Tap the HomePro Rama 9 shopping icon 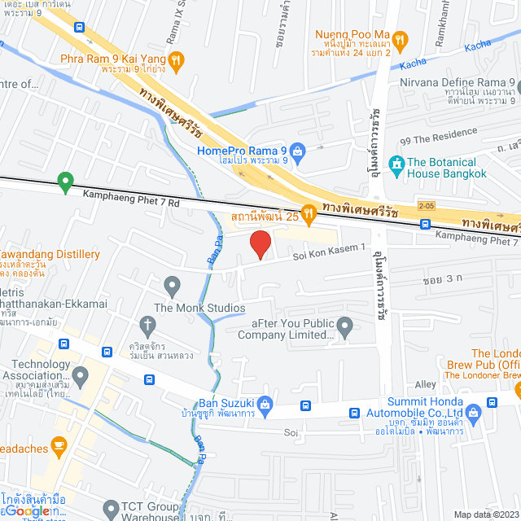(298, 151)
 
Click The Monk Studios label (199, 308)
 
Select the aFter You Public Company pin (345, 328)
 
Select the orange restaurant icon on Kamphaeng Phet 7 (309, 214)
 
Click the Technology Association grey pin (80, 376)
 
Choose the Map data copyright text (485, 514)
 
